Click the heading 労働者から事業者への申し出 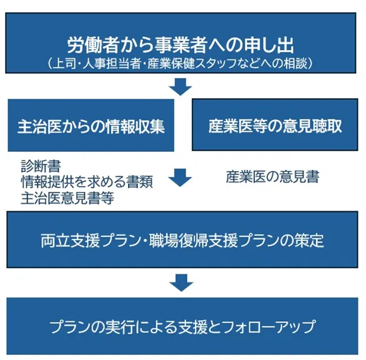[181, 45]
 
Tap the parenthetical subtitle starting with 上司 [181, 64]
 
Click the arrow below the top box [181, 87]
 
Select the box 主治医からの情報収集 [91, 126]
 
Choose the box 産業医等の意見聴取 [275, 124]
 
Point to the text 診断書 [41, 166]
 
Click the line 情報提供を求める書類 [87, 182]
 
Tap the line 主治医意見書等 [67, 198]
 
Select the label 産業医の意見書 [273, 177]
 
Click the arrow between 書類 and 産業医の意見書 [181, 177]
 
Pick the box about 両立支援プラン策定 [182, 239]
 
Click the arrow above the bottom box [181, 282]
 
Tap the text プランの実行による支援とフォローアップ [182, 326]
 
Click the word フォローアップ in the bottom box [269, 326]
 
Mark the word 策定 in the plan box [309, 241]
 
